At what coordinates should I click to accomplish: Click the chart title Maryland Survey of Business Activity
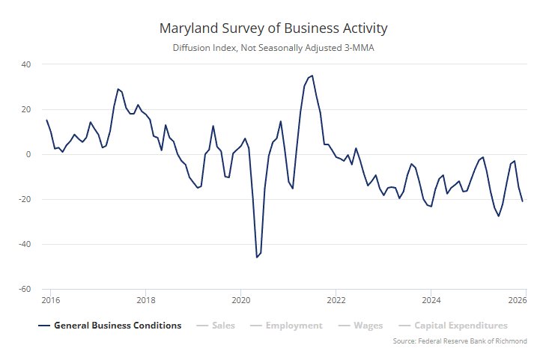click(273, 28)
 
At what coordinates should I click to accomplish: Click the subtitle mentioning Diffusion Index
click(273, 49)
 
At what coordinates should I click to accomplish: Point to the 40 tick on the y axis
click(25, 64)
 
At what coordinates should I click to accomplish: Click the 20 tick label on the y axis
click(25, 109)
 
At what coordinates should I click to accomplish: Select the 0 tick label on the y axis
click(28, 154)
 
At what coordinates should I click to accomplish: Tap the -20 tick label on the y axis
click(24, 199)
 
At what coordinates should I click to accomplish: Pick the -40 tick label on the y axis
click(24, 244)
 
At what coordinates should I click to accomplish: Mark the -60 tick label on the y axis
click(24, 289)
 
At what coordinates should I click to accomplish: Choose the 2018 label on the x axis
click(146, 301)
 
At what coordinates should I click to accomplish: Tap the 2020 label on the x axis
click(240, 301)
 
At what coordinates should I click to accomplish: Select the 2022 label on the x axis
click(336, 301)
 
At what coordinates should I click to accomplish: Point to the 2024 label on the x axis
click(430, 301)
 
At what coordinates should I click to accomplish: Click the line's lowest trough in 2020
click(257, 257)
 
